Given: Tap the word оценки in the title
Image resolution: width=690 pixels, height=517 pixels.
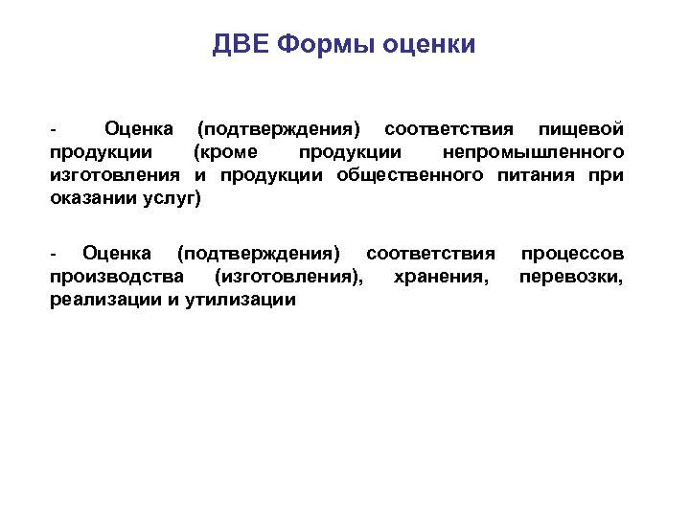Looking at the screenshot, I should (428, 45).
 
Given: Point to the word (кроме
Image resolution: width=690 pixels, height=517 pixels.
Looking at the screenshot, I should (224, 152).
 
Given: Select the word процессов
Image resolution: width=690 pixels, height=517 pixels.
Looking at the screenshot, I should (572, 254).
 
